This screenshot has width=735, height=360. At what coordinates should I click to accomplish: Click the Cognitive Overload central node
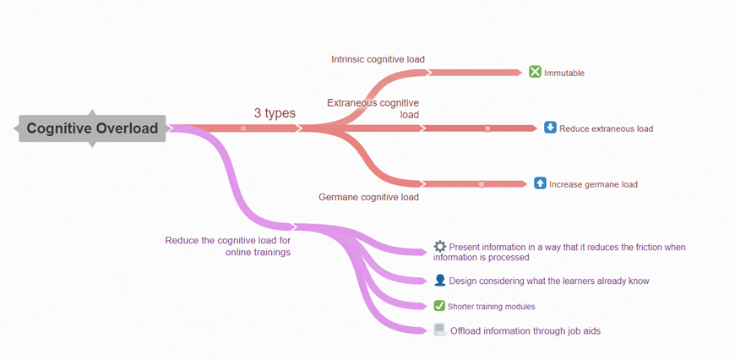click(92, 128)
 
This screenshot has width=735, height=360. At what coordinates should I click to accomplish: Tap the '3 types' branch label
click(275, 112)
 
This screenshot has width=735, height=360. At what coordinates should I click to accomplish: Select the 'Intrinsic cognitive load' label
click(378, 59)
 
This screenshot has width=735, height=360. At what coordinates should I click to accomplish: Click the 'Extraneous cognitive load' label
click(373, 108)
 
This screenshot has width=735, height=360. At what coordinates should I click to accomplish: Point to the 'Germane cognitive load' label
click(368, 197)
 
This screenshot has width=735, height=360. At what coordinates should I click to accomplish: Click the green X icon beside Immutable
click(535, 72)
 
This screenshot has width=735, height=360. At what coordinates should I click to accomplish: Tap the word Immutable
click(564, 73)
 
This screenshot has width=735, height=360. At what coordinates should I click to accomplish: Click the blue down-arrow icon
click(550, 128)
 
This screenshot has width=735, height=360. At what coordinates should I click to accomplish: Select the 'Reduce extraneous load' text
click(606, 128)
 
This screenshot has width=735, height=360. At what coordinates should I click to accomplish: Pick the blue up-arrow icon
click(540, 183)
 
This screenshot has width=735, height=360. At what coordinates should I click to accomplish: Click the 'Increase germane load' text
click(593, 183)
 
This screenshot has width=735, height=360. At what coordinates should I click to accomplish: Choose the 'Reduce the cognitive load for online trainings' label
click(228, 246)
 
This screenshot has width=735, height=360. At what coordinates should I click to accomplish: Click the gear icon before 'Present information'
click(440, 246)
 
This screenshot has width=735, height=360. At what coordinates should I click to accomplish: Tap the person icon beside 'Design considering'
click(440, 280)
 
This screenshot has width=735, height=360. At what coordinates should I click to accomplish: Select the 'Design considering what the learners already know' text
click(549, 281)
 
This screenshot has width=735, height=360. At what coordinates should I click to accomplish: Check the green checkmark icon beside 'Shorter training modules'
click(439, 305)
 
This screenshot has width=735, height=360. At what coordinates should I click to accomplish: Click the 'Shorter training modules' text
click(492, 306)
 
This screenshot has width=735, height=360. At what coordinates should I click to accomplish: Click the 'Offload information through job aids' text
click(525, 330)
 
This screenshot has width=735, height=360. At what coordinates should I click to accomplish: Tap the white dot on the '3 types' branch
click(243, 128)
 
